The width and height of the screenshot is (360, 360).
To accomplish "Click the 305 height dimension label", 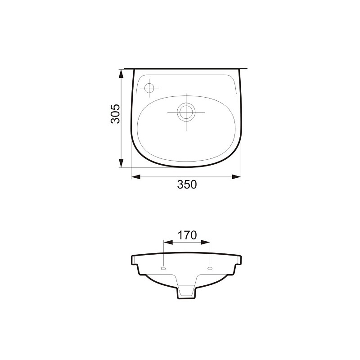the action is (116, 114).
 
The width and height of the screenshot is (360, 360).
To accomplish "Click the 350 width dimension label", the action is (187, 184).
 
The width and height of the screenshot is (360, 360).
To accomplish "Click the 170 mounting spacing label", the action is (187, 235).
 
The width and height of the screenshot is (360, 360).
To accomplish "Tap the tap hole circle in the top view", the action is (149, 88).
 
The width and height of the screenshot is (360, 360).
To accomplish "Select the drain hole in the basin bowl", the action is (186, 112).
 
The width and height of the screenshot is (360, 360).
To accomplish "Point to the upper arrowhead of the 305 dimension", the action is (121, 74).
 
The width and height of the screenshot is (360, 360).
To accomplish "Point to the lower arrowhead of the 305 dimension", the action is (121, 163).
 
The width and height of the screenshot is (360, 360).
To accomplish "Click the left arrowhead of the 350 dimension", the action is (136, 177).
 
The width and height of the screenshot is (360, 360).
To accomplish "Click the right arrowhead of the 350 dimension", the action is (236, 177).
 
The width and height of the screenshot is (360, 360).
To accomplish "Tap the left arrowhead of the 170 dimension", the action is (168, 243).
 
